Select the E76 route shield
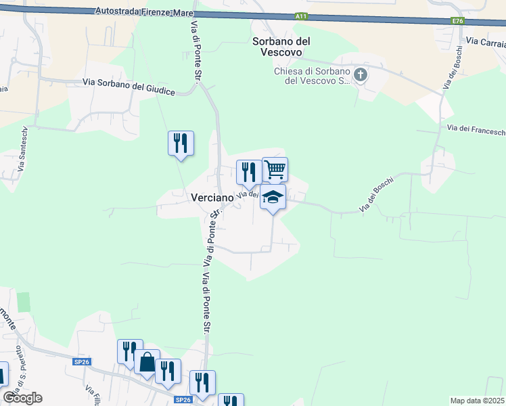pyautogui.click(x=458, y=21)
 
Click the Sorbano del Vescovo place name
pyautogui.click(x=281, y=47)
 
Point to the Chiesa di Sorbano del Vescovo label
pyautogui.click(x=310, y=76)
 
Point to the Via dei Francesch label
pyautogui.click(x=476, y=127)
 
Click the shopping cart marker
pyautogui.click(x=275, y=169)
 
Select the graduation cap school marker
pyautogui.click(x=273, y=197)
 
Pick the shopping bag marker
pyautogui.click(x=147, y=362)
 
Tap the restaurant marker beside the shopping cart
pyautogui.click(x=248, y=172)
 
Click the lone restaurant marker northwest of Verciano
pyautogui.click(x=181, y=143)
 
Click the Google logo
pyautogui.click(x=22, y=398)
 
